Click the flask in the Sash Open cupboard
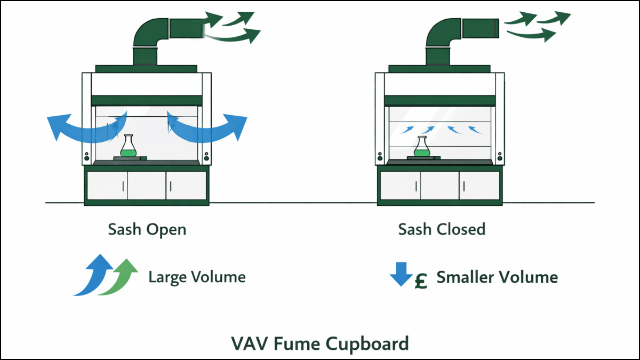click(127, 147)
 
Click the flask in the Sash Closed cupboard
click(421, 148)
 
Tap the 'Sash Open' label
click(147, 230)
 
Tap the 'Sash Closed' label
click(442, 230)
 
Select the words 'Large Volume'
click(197, 277)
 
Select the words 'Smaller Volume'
click(497, 277)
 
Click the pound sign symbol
click(421, 281)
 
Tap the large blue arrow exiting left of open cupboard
click(75, 125)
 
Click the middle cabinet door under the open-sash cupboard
click(147, 185)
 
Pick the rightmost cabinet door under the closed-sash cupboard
click(479, 185)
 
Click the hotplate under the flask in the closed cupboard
click(421, 158)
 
